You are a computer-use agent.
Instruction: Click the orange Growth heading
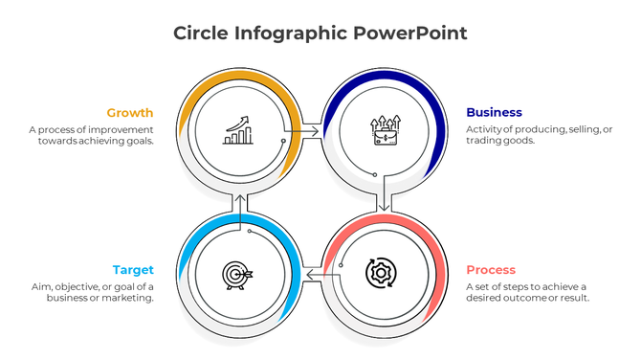coord(129,112)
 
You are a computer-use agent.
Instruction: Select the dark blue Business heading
coord(494,112)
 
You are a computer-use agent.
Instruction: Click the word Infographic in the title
coord(290,34)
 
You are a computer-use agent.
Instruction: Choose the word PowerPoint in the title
coord(410,34)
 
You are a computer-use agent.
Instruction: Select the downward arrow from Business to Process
coord(384,203)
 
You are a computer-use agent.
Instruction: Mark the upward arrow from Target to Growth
coord(238,202)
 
